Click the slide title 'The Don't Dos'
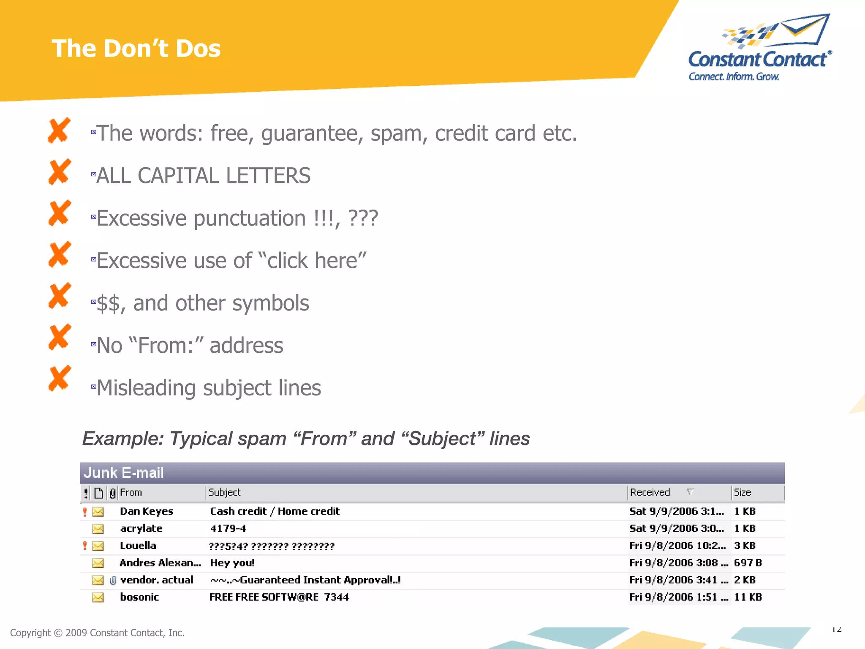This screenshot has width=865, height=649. pyautogui.click(x=136, y=49)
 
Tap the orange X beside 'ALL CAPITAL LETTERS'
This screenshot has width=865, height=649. pyautogui.click(x=59, y=172)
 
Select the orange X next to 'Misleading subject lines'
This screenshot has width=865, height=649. pyautogui.click(x=59, y=378)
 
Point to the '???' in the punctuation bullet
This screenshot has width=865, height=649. pyautogui.click(x=363, y=218)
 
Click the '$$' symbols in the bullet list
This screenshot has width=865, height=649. pyautogui.click(x=108, y=304)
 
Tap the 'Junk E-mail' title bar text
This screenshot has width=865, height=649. pyautogui.click(x=124, y=473)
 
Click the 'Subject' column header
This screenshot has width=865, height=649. pyautogui.click(x=224, y=493)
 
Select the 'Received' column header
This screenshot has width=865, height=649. pyautogui.click(x=650, y=493)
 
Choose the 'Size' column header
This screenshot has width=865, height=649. pyautogui.click(x=742, y=493)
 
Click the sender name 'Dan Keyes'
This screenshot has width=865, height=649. pyautogui.click(x=147, y=512)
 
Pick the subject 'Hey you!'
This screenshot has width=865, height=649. pyautogui.click(x=232, y=563)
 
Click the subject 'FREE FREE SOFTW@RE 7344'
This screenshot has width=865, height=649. pyautogui.click(x=279, y=597)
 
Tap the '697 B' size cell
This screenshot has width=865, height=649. pyautogui.click(x=748, y=563)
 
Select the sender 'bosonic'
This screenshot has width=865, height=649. pyautogui.click(x=139, y=597)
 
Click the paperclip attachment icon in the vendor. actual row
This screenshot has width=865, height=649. pyautogui.click(x=113, y=581)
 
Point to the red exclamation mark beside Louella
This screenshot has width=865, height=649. pyautogui.click(x=85, y=546)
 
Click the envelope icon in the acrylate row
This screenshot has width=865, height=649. pyautogui.click(x=98, y=529)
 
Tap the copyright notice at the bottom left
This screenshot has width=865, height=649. pyautogui.click(x=97, y=633)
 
